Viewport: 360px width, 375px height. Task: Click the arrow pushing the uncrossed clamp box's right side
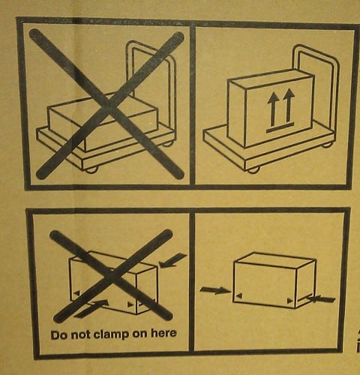pos(320,298)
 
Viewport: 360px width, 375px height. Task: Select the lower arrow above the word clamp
pos(91,307)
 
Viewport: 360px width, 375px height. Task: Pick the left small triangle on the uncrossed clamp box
pos(239,297)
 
